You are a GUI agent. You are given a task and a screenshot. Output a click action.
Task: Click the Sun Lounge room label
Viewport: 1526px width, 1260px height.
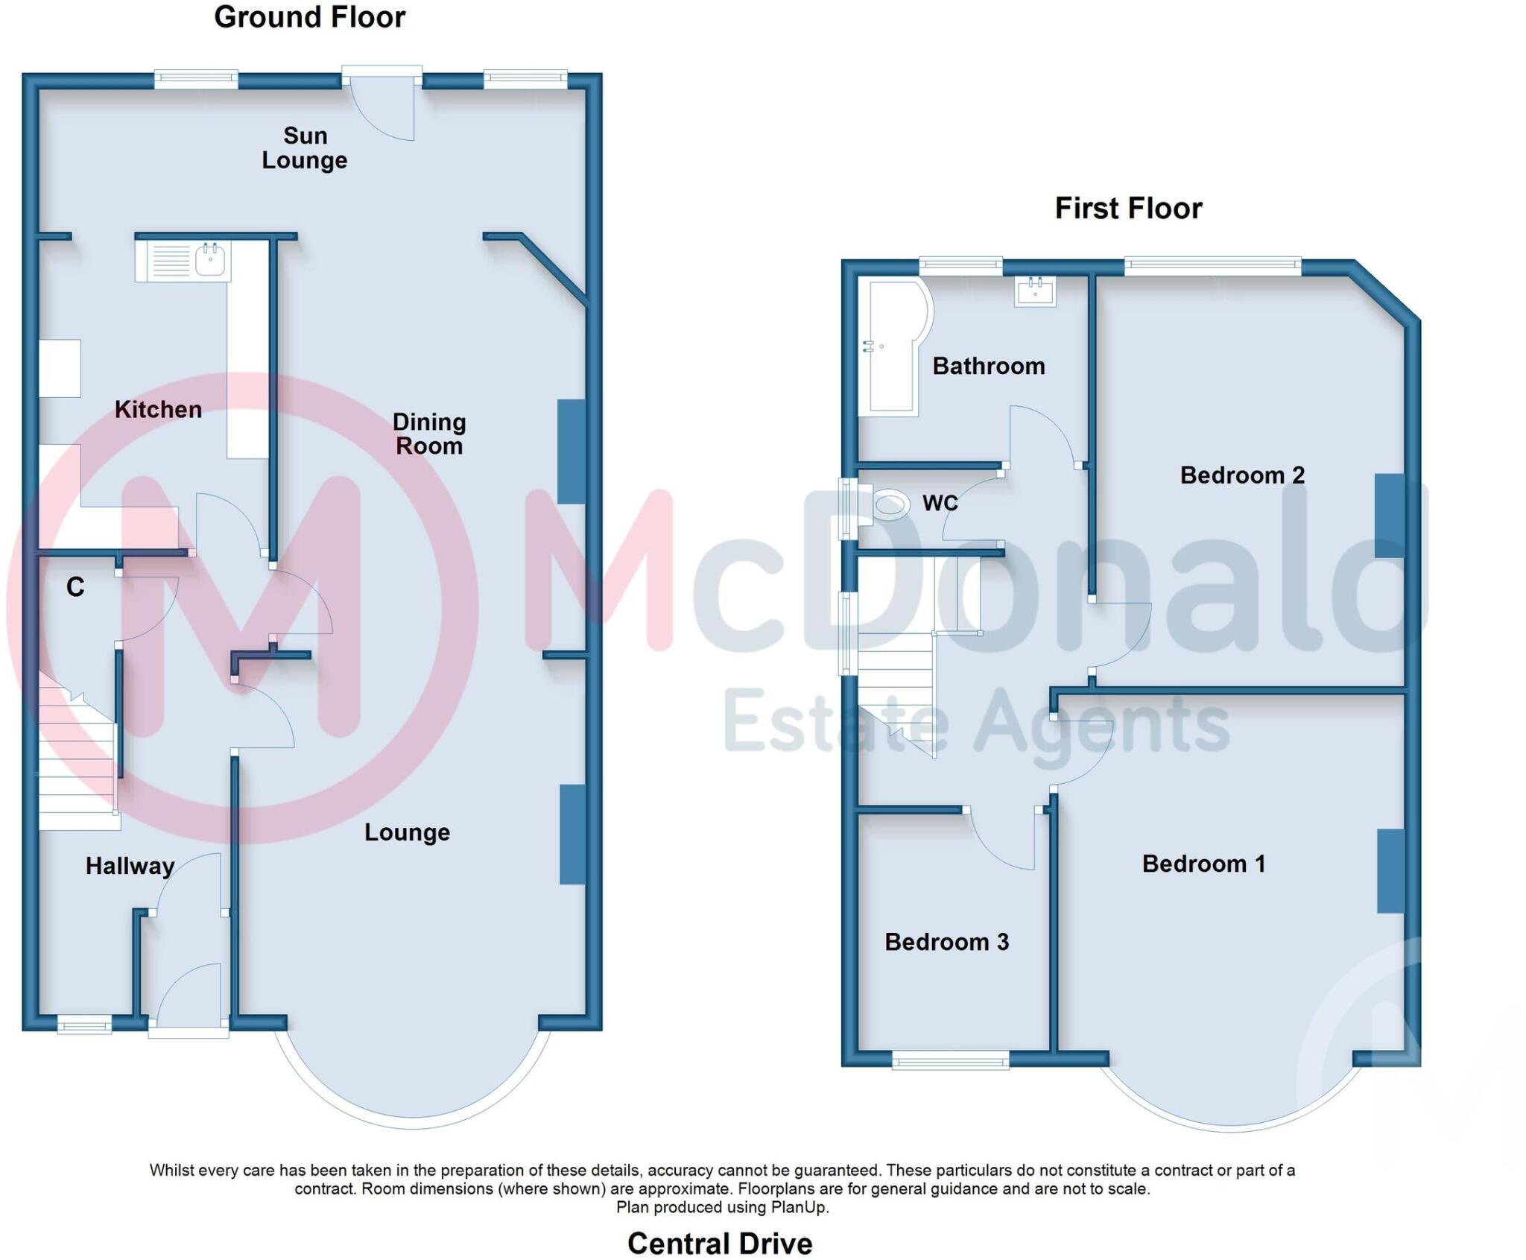click(305, 148)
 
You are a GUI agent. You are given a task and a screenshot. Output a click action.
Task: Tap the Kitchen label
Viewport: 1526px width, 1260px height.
click(158, 409)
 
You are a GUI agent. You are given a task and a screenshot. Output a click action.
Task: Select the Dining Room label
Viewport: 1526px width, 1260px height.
click(429, 434)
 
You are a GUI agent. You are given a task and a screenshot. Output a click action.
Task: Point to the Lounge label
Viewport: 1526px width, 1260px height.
click(407, 832)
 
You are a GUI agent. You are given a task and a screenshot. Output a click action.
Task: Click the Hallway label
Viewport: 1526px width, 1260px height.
click(130, 866)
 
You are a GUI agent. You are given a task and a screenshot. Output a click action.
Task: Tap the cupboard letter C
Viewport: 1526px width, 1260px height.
click(75, 587)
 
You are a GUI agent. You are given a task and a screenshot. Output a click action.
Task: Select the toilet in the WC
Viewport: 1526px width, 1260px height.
click(890, 505)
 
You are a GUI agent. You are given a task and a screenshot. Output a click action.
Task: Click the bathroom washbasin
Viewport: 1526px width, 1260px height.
click(1035, 291)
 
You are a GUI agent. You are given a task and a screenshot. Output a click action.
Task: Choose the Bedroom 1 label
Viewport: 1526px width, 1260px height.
click(1203, 864)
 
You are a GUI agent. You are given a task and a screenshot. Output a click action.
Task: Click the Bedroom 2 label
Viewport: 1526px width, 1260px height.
click(1242, 475)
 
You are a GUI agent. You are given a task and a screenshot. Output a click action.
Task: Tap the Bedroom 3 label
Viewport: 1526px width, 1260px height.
click(946, 942)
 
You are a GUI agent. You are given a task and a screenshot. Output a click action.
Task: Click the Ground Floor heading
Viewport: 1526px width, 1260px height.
click(309, 17)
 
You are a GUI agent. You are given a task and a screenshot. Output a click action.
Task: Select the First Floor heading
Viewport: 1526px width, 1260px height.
click(1128, 208)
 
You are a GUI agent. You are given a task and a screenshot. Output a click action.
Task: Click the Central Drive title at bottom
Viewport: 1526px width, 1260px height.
click(720, 1244)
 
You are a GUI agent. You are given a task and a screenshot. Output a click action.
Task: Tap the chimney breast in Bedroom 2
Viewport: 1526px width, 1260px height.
click(1389, 516)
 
